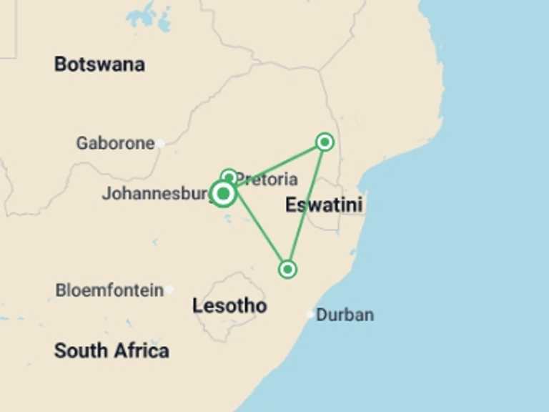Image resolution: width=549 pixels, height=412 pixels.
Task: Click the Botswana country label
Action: (99, 64)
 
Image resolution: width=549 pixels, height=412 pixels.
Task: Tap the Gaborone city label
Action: (115, 143)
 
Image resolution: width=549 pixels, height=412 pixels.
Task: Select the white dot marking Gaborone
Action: (161, 143)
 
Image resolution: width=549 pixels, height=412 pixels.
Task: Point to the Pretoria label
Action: (267, 179)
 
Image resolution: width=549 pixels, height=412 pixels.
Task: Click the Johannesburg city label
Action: (156, 193)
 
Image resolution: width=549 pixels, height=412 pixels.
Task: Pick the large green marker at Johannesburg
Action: (224, 193)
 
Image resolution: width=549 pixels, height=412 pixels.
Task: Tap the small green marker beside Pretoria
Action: (229, 177)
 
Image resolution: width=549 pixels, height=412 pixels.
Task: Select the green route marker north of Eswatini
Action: (325, 142)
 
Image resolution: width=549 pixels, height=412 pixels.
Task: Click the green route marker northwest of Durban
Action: (287, 270)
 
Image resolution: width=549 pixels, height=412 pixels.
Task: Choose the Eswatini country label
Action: (323, 205)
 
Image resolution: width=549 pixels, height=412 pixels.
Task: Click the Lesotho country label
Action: (229, 306)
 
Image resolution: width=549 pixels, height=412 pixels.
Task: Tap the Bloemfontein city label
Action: (109, 290)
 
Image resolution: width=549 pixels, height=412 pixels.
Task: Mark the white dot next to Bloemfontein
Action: (169, 290)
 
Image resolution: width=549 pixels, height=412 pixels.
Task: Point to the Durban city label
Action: (345, 315)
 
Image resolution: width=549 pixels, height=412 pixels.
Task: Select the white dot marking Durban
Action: (310, 314)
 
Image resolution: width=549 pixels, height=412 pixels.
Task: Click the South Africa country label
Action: (112, 350)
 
